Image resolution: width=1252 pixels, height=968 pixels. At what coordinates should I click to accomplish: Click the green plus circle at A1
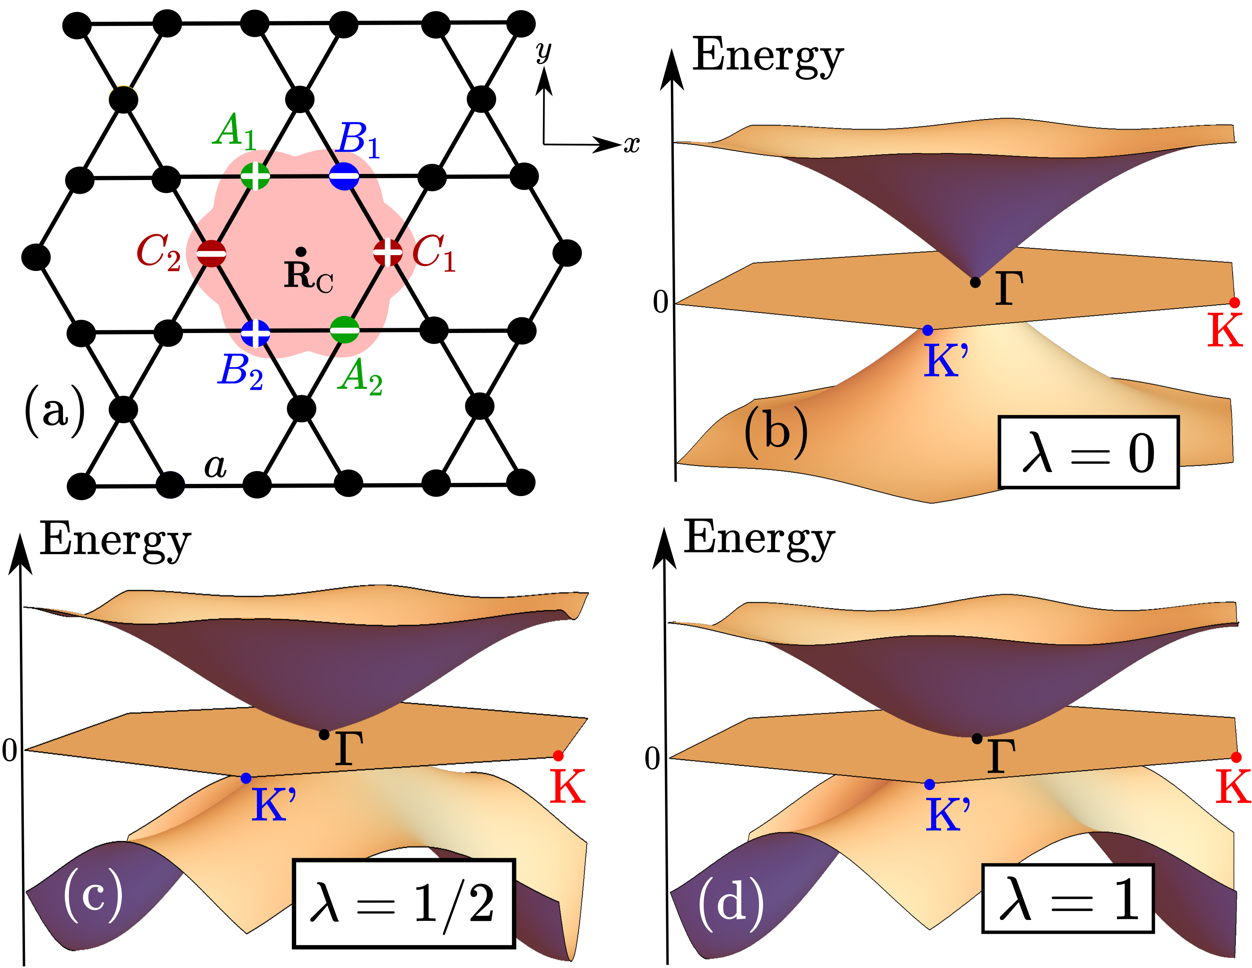[x=255, y=176]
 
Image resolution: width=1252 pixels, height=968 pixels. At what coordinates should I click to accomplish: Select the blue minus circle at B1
[x=344, y=176]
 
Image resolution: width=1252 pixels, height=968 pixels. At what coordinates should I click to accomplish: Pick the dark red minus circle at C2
[x=211, y=253]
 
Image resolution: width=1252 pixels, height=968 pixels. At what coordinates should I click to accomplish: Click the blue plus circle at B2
[x=255, y=333]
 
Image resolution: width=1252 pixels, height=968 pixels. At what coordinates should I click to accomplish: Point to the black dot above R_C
[x=300, y=251]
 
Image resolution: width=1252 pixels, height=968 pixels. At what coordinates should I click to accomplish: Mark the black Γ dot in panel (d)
[x=977, y=739]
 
